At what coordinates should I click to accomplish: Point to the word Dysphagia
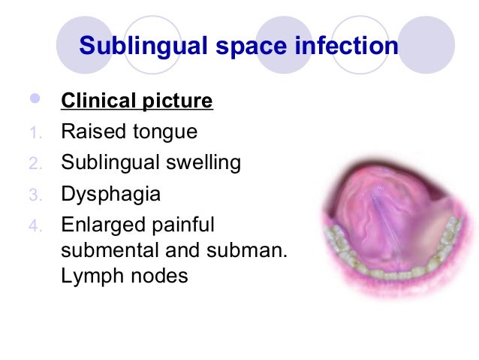[111, 195]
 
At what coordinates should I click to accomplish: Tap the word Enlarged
[101, 225]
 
